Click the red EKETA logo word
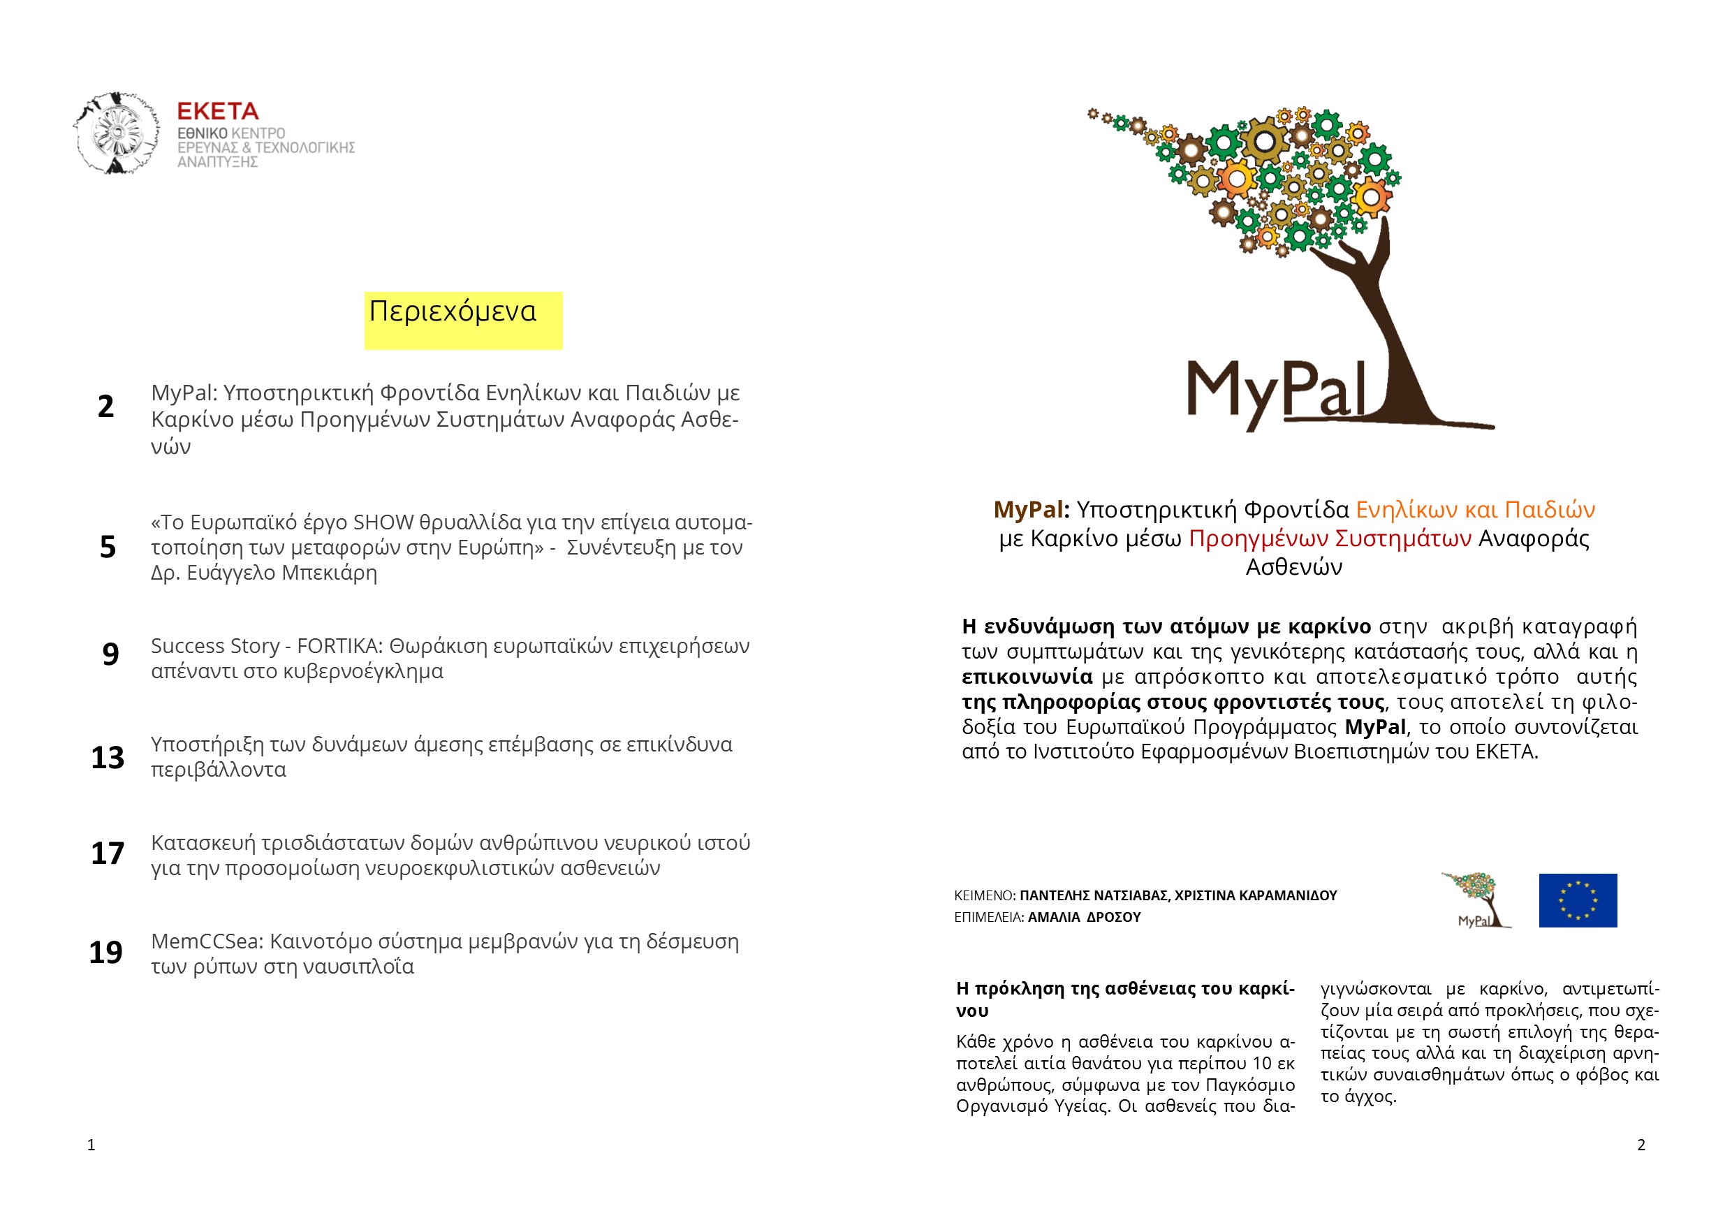217,112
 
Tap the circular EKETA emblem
117,133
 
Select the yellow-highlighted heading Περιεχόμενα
453,311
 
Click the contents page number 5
108,547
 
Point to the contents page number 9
110,654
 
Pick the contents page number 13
107,757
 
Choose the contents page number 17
107,853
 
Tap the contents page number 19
105,953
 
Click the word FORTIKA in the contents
339,647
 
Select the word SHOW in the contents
383,522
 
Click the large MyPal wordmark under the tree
1277,393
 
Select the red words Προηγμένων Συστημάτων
1329,538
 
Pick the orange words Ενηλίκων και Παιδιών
1475,510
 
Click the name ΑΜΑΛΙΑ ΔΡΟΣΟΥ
1084,917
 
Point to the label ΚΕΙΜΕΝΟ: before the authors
985,896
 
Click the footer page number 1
91,1145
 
